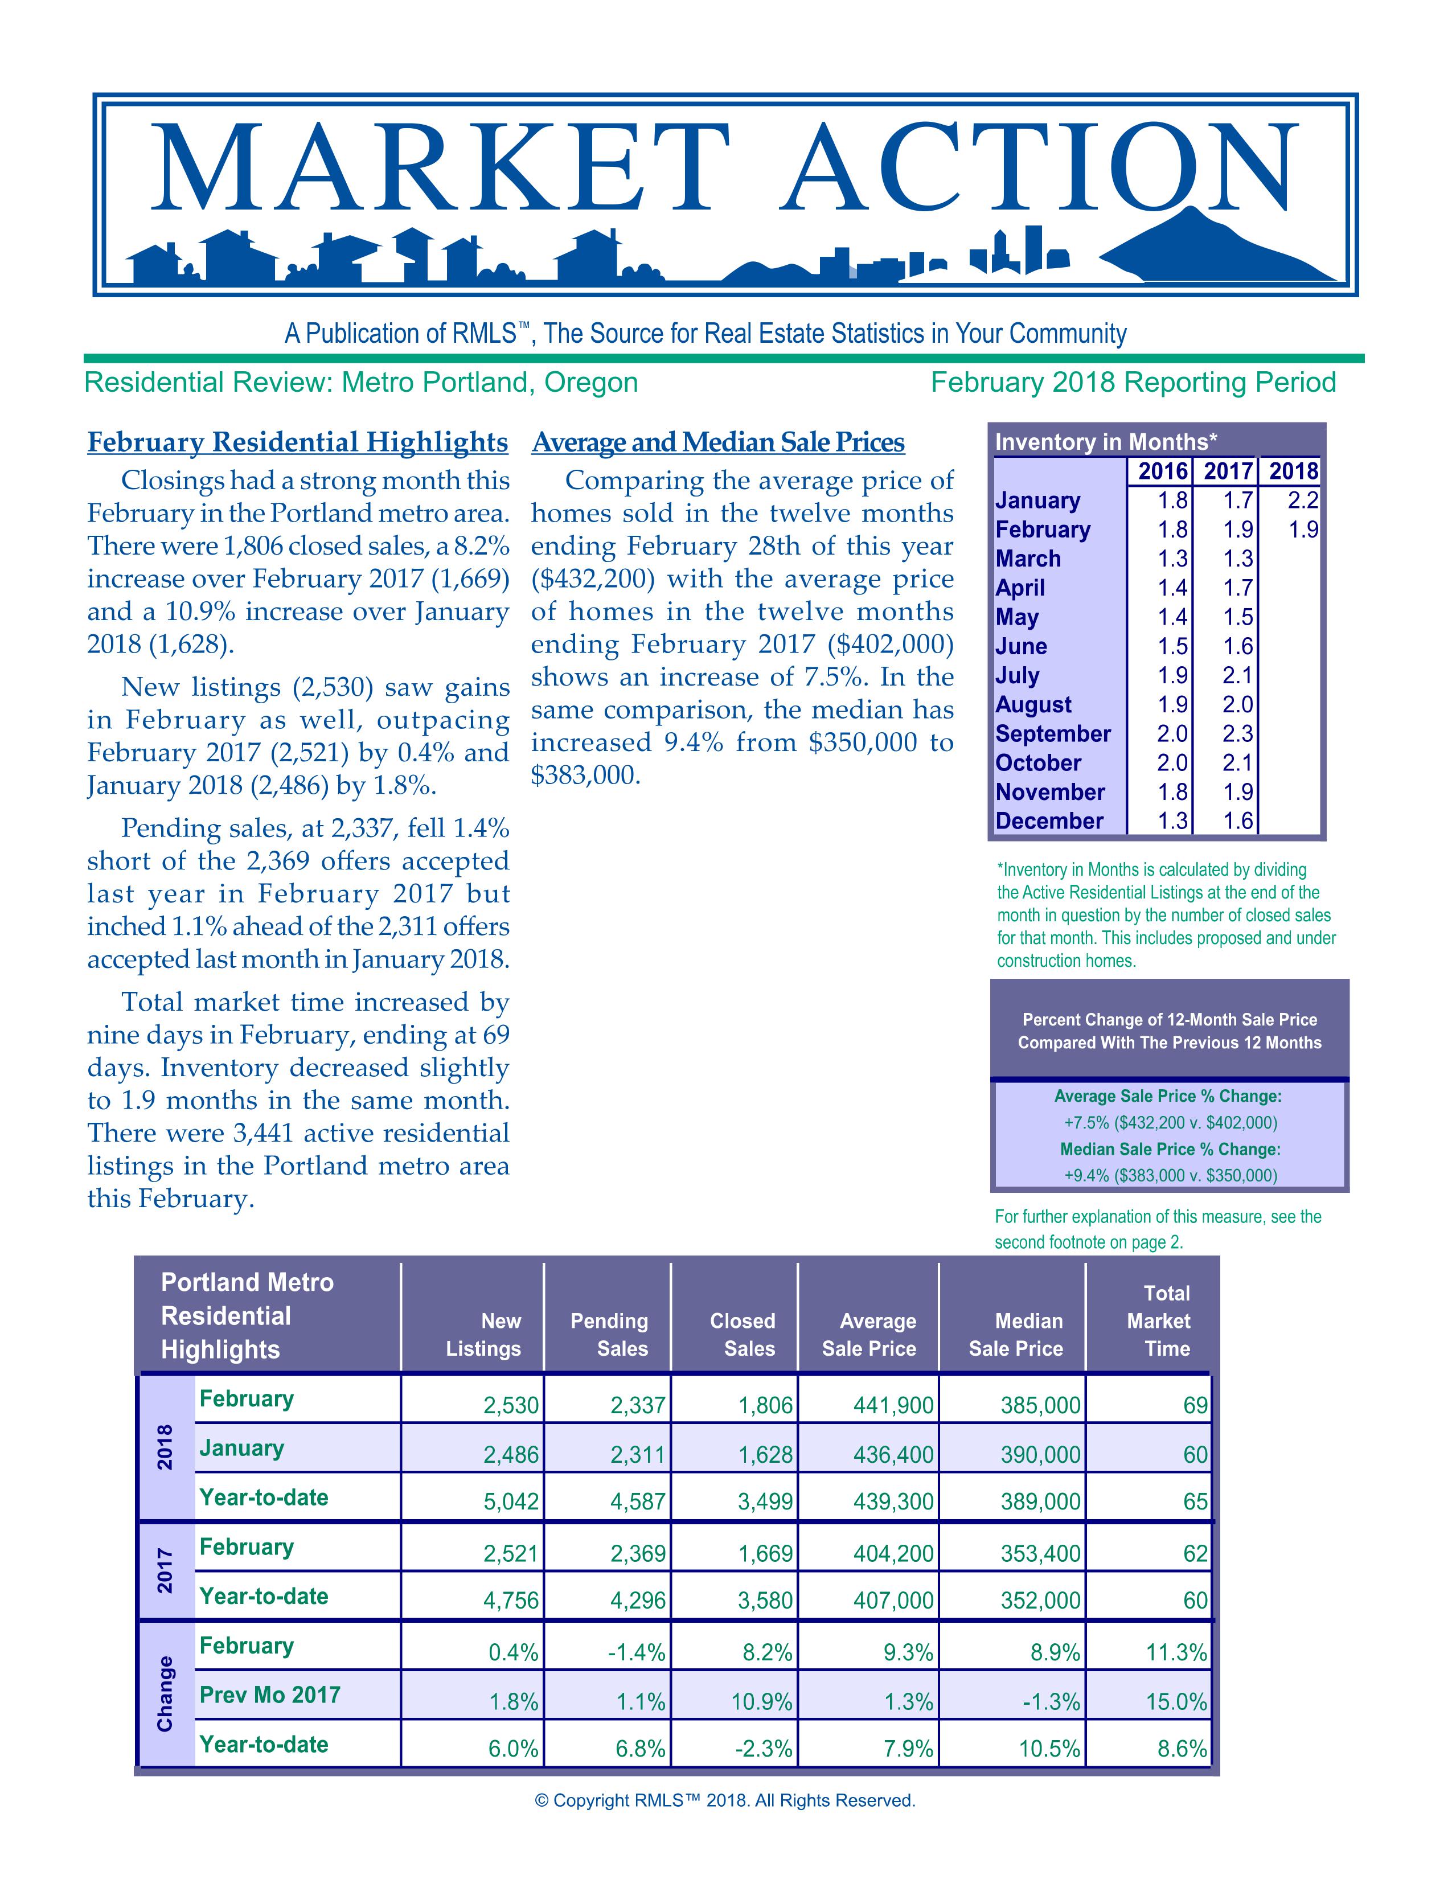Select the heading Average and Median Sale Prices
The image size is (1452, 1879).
point(718,442)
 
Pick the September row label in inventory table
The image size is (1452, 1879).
point(1053,734)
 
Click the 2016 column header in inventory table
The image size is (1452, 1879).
point(1163,471)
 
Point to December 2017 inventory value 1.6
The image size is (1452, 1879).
point(1238,820)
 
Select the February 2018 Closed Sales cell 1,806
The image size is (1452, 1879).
point(765,1405)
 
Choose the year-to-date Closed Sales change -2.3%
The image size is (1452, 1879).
point(765,1748)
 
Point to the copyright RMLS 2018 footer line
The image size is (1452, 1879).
point(725,1800)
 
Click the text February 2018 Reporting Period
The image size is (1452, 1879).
point(1133,382)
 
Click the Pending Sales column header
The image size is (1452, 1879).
point(609,1335)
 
